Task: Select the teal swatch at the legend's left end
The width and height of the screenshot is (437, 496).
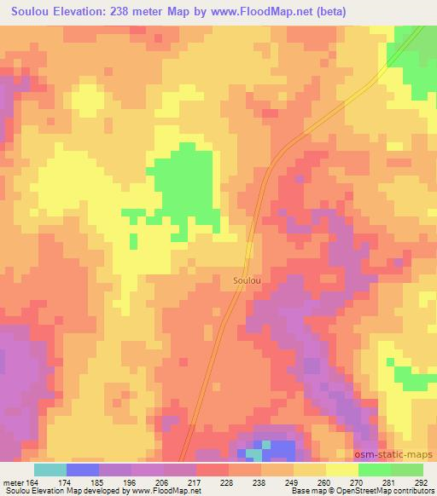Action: pos(50,469)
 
